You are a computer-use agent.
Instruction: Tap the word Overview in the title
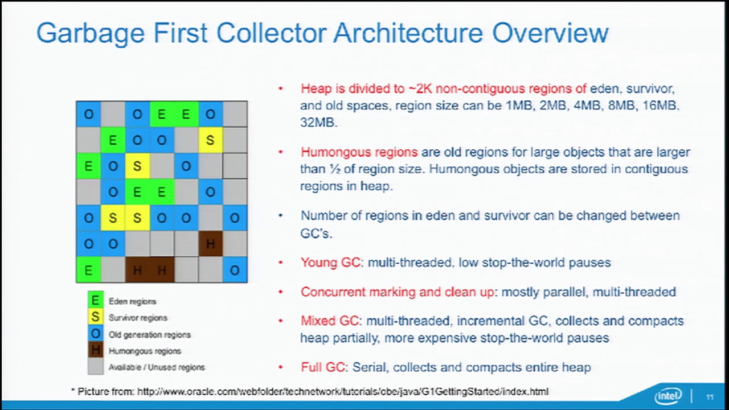click(550, 33)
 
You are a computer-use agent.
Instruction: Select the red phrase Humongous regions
click(359, 153)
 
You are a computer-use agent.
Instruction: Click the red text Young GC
click(330, 263)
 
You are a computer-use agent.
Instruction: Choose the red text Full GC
click(323, 367)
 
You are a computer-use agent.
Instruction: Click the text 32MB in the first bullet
click(318, 122)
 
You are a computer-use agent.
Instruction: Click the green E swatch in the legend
click(95, 301)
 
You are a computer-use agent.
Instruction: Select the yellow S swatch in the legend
click(95, 317)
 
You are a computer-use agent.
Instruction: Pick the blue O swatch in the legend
click(95, 334)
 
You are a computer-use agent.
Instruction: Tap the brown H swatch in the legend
click(95, 351)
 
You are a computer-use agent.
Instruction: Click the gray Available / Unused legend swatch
click(95, 367)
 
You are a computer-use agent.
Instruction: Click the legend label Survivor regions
click(138, 318)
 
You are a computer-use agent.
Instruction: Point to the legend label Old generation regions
click(149, 335)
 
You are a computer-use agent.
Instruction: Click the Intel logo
click(668, 397)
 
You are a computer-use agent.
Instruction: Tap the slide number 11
click(710, 397)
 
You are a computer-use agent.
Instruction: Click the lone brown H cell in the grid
click(210, 244)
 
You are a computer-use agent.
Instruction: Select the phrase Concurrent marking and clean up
click(397, 292)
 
